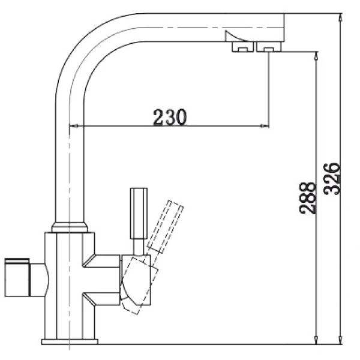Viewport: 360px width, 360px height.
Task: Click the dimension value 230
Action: [x=170, y=117]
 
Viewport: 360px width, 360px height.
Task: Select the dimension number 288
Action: [x=307, y=198]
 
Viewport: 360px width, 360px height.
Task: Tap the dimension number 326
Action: [x=332, y=178]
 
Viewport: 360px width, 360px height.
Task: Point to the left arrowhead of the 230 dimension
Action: [x=74, y=126]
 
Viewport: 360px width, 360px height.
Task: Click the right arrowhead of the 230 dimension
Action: [x=265, y=126]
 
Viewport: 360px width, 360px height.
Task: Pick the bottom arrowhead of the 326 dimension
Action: [x=340, y=341]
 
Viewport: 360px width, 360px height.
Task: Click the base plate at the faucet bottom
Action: [x=70, y=342]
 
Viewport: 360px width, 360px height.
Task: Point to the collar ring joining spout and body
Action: [x=70, y=227]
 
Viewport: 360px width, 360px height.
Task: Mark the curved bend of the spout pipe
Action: [x=84, y=54]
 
